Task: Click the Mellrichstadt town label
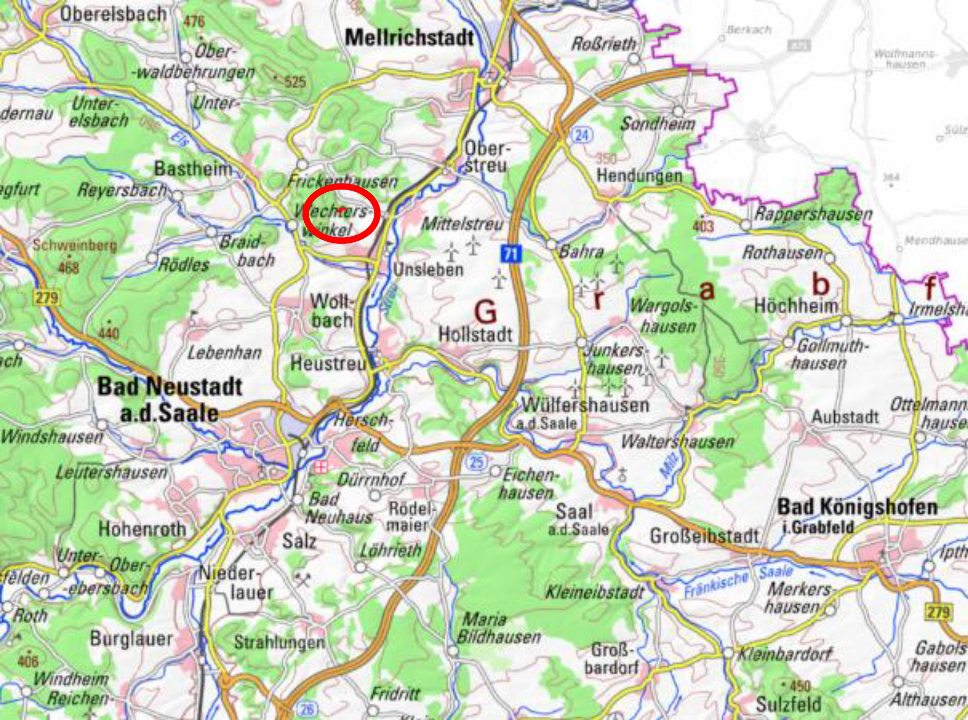pos(409,38)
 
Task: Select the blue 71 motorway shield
pos(511,254)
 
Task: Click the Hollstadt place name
pos(475,335)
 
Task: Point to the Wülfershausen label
pos(585,405)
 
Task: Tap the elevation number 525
pos(294,81)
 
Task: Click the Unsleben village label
pos(428,270)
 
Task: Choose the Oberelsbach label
pos(113,14)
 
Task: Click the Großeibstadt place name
pos(704,536)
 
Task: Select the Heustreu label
pos(328,363)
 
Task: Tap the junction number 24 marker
pos(582,135)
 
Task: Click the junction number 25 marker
pos(477,462)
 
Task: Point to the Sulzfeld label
pos(788,704)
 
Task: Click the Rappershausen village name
pos(813,213)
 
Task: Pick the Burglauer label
pos(131,639)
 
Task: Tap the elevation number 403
pos(703,225)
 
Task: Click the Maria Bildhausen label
pos(498,628)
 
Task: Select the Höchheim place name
pos(796,306)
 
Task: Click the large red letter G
pos(485,312)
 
